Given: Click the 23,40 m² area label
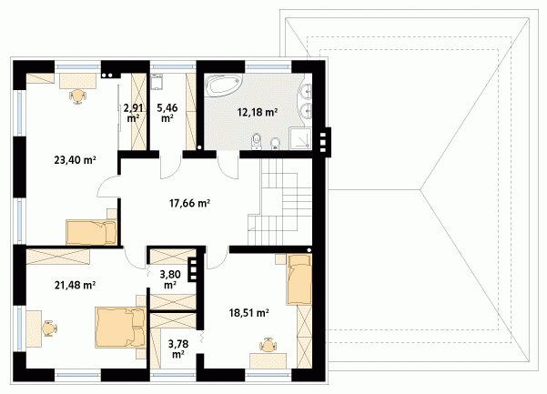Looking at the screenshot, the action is click(75, 160).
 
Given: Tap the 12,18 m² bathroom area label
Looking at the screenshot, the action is click(258, 112).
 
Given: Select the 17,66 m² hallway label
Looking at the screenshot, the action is click(189, 203).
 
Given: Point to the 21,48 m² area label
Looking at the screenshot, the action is click(75, 285).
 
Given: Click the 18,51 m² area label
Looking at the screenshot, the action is click(248, 313).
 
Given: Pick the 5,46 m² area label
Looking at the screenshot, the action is click(167, 113).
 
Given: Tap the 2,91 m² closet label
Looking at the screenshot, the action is click(133, 113).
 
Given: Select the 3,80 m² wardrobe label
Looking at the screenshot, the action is click(170, 279).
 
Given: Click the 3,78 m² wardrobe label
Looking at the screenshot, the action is click(178, 349).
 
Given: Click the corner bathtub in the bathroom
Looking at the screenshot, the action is click(224, 85).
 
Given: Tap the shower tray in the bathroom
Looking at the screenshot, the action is click(299, 138).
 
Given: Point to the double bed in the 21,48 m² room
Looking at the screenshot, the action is click(120, 328).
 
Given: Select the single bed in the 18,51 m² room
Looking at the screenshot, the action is click(299, 279).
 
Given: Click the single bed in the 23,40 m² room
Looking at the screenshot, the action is click(91, 232).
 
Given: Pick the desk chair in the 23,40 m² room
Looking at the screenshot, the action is click(77, 96).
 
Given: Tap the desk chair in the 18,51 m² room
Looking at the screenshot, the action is click(268, 345).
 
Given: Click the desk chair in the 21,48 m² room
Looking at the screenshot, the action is click(50, 328).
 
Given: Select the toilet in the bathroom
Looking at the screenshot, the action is click(257, 140).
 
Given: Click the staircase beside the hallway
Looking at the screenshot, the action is click(279, 201).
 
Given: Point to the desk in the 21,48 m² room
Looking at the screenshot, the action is click(35, 328).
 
